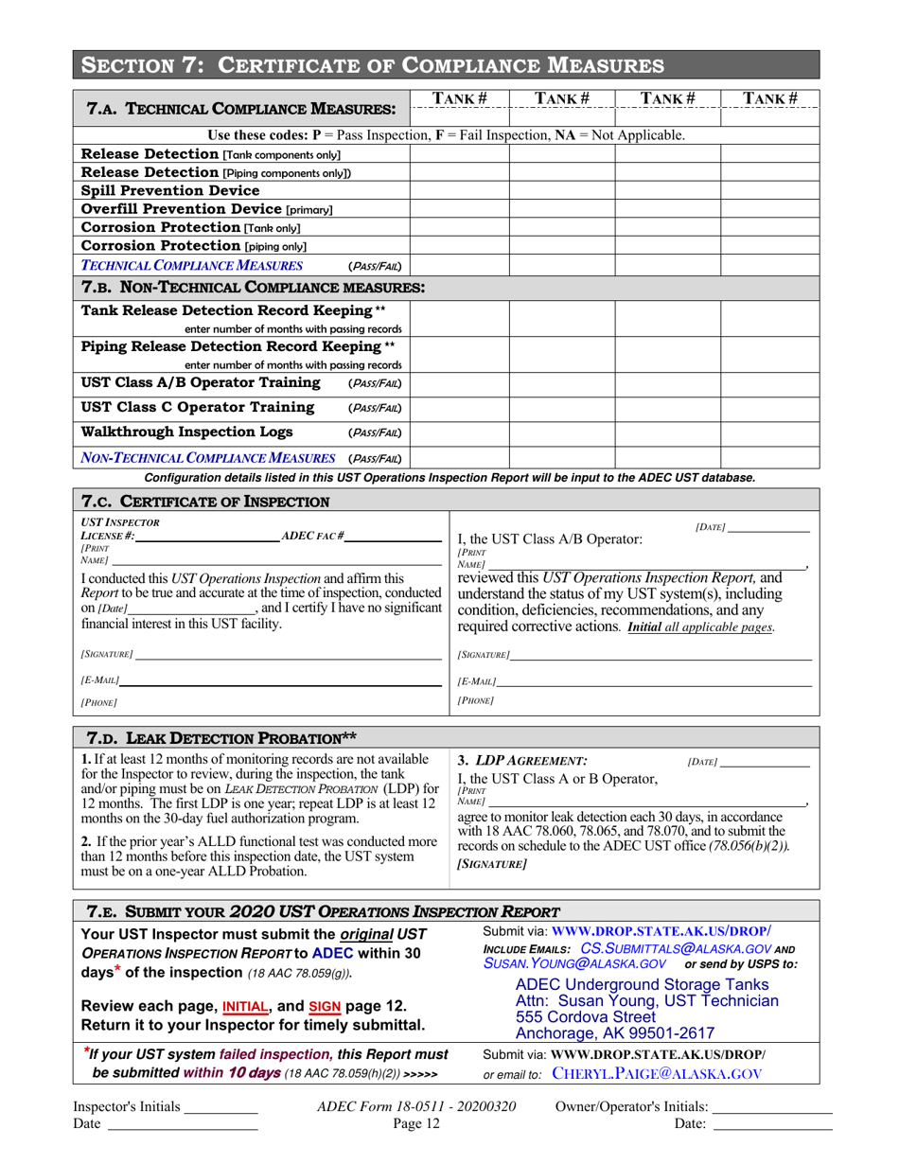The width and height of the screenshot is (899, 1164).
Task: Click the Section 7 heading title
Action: pos(372,65)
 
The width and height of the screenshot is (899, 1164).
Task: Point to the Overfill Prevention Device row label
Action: pos(207,208)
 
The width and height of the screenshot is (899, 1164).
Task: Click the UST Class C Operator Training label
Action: pos(199,408)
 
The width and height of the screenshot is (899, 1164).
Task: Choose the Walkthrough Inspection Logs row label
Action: pos(187,432)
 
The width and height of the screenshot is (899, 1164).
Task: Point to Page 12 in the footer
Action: pos(417,1124)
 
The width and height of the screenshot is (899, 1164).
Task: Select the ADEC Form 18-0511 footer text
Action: pos(417,1106)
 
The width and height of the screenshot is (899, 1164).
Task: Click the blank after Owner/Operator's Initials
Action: pos(771,1106)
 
